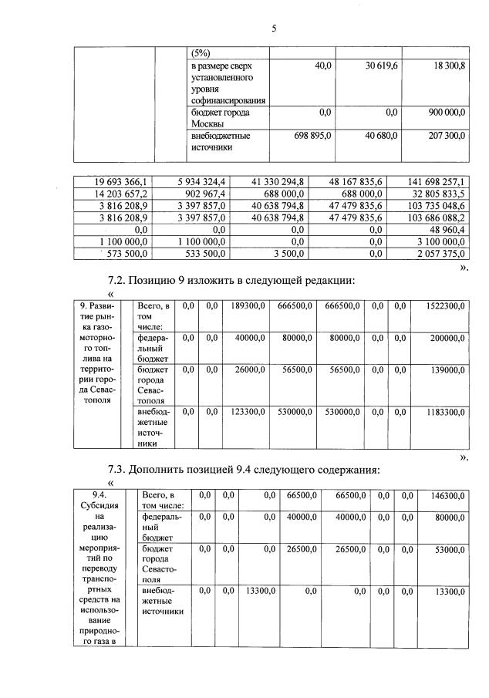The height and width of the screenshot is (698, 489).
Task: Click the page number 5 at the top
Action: click(273, 29)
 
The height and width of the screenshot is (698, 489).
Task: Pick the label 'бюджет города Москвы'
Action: click(219, 118)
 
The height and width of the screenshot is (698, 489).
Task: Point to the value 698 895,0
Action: click(312, 136)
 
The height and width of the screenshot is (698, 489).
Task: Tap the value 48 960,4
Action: click(447, 229)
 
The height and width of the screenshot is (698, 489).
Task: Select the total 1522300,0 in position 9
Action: click(444, 306)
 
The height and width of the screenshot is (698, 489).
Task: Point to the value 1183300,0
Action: click(444, 412)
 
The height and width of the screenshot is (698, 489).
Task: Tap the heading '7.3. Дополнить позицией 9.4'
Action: click(251, 470)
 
